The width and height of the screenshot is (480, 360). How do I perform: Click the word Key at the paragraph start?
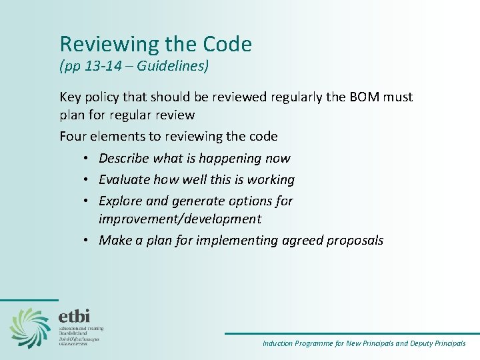71,97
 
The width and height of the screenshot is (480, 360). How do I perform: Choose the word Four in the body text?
73,137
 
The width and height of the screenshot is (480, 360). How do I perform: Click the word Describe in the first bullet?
124,158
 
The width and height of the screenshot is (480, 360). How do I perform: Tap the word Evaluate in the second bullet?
125,179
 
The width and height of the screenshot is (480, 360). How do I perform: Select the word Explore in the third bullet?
121,201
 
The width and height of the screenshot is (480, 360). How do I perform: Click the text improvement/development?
180,219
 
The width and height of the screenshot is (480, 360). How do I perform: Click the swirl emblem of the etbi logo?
29,327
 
